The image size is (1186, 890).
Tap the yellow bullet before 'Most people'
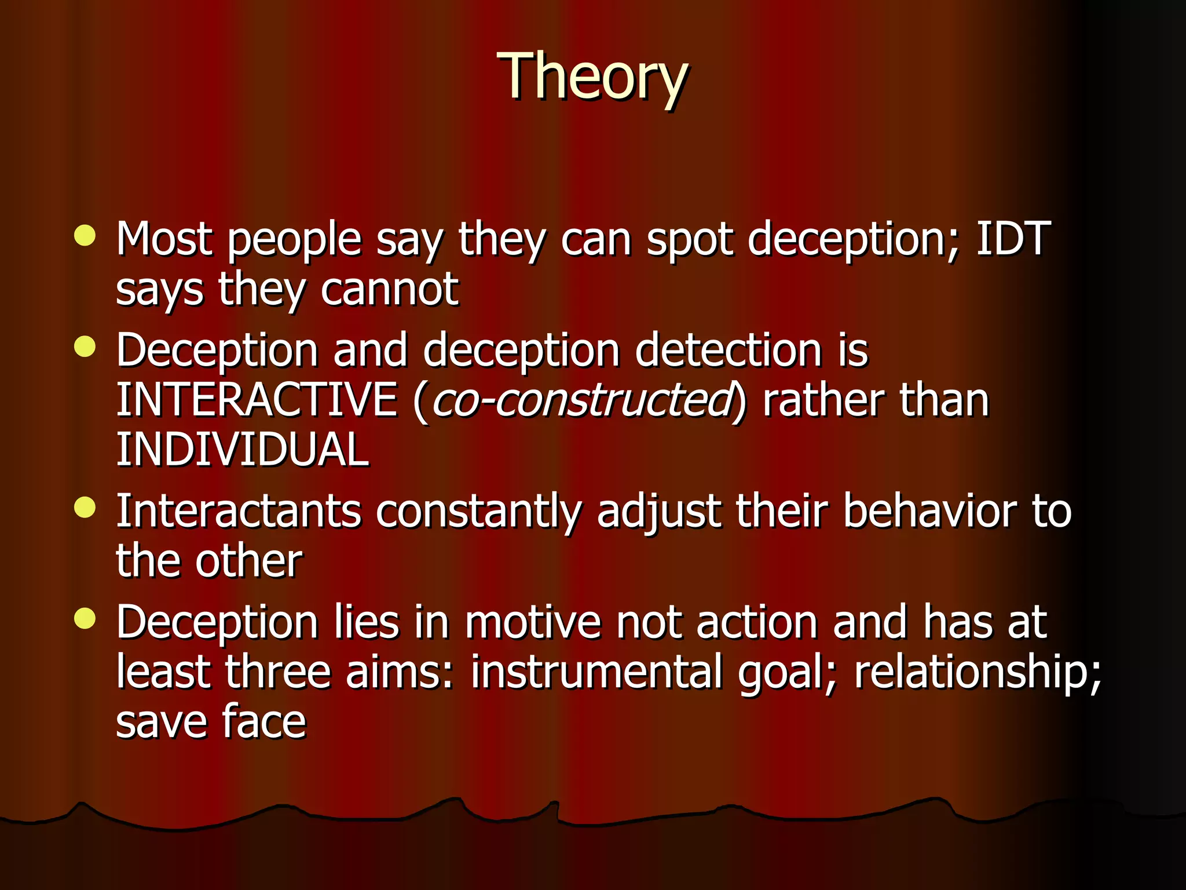pyautogui.click(x=85, y=235)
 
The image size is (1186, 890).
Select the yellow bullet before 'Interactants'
pyautogui.click(x=85, y=508)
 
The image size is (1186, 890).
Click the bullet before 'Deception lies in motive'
pyautogui.click(x=85, y=618)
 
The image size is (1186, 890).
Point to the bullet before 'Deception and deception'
pyautogui.click(x=85, y=347)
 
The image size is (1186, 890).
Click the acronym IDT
pyautogui.click(x=1013, y=238)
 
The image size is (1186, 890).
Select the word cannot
pyautogui.click(x=389, y=289)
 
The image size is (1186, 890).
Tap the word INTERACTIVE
pyautogui.click(x=257, y=400)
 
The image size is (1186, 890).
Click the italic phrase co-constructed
pyautogui.click(x=581, y=401)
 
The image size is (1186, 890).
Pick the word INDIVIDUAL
pyautogui.click(x=243, y=450)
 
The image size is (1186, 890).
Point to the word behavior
pyautogui.click(x=929, y=512)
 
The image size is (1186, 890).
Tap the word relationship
pyautogui.click(x=978, y=673)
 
